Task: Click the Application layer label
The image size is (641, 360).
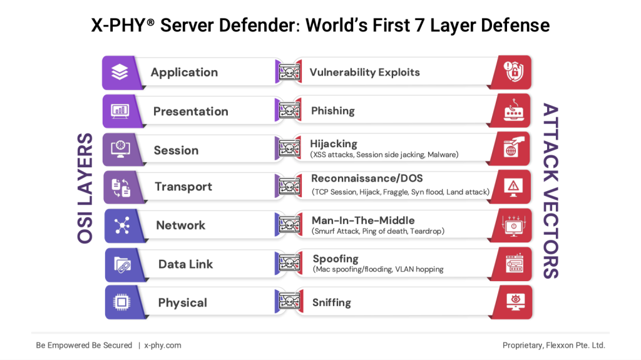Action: [x=184, y=72]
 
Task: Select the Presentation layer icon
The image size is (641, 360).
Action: [x=120, y=111]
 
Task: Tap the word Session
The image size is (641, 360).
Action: [x=176, y=150]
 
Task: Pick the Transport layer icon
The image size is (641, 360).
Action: [x=120, y=187]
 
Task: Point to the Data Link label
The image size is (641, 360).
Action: [x=185, y=264]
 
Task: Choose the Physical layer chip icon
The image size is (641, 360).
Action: [x=121, y=302]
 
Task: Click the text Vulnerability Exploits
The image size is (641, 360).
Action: [x=364, y=72]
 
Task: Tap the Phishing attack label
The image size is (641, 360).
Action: [x=332, y=111]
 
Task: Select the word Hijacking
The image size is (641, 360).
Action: [x=334, y=144]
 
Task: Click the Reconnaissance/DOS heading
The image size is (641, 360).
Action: [x=367, y=178]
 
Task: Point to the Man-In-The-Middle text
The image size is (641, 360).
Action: [x=363, y=220]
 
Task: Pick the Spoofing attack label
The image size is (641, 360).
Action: [x=336, y=259]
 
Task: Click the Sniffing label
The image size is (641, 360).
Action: [x=331, y=302]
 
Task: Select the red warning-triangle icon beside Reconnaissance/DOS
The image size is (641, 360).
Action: [x=514, y=186]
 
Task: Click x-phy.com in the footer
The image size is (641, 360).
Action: [x=163, y=345]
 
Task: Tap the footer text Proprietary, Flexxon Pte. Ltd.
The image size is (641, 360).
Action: [x=554, y=345]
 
